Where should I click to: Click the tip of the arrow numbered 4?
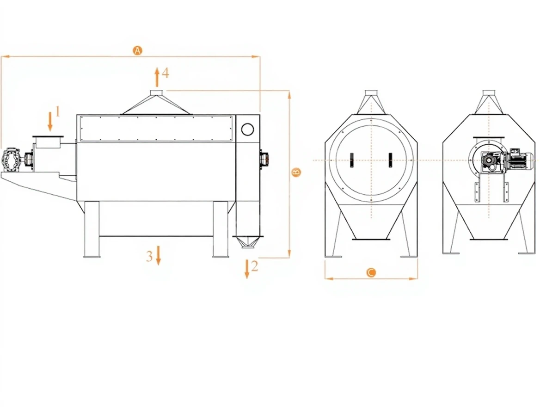pyautogui.click(x=157, y=68)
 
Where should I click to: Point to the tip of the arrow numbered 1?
pyautogui.click(x=50, y=131)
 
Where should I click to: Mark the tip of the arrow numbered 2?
pyautogui.click(x=247, y=278)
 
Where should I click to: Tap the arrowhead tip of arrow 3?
pyautogui.click(x=159, y=265)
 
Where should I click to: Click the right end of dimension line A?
pyautogui.click(x=260, y=56)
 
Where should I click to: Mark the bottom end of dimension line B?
pyautogui.click(x=289, y=258)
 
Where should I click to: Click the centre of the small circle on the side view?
pyautogui.click(x=248, y=129)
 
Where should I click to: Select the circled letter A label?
pyautogui.click(x=137, y=50)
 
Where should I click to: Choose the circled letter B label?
pyautogui.click(x=296, y=172)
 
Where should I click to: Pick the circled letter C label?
pyautogui.click(x=371, y=273)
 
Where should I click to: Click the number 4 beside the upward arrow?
pyautogui.click(x=166, y=73)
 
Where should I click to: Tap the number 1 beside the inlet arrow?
pyautogui.click(x=57, y=111)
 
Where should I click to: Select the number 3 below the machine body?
pyautogui.click(x=149, y=256)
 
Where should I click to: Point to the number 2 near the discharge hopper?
pyautogui.click(x=254, y=266)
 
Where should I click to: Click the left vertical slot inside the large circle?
pyautogui.click(x=352, y=160)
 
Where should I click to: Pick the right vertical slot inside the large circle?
pyautogui.click(x=390, y=160)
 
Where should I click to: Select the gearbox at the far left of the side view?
pyautogui.click(x=11, y=160)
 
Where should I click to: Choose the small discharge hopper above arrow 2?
pyautogui.click(x=248, y=241)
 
